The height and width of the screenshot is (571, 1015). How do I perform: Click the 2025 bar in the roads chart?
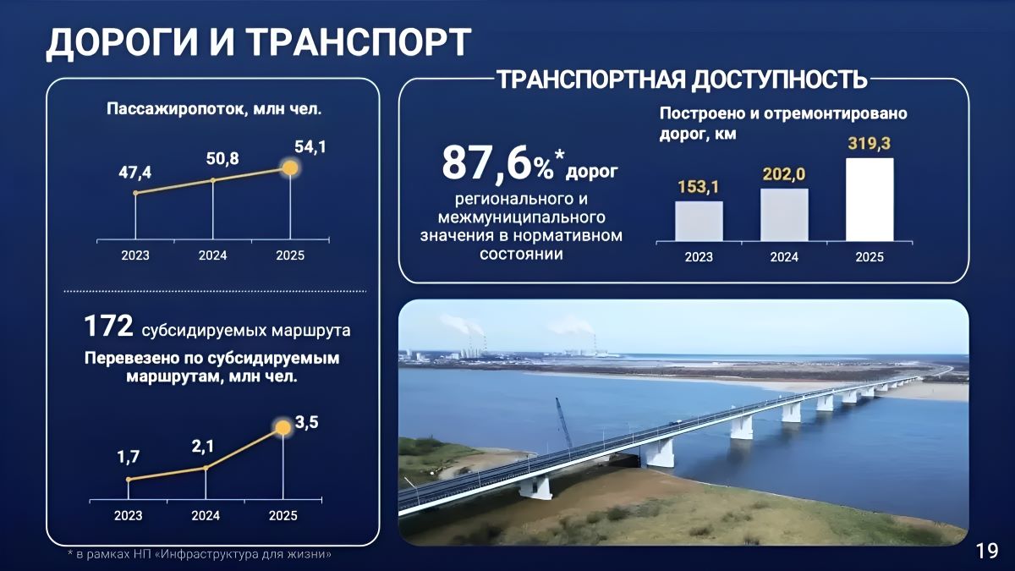tap(870, 199)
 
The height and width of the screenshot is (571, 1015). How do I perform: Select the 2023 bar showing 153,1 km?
tap(699, 221)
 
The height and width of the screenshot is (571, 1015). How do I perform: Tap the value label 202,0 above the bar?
tap(783, 174)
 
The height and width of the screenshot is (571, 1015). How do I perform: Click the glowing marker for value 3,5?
tap(283, 427)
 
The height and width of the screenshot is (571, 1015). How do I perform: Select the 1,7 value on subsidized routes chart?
tap(129, 458)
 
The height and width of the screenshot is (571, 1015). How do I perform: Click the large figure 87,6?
tap(486, 163)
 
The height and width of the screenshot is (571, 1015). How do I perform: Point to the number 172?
tap(109, 327)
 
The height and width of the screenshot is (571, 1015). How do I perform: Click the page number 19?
tap(986, 552)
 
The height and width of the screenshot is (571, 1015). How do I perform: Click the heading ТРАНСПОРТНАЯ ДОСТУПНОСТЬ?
tap(682, 80)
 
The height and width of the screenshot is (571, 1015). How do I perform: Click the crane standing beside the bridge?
tap(563, 422)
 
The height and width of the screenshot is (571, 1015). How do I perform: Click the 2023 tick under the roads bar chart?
tap(699, 257)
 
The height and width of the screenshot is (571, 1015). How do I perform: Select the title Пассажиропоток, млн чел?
tap(215, 109)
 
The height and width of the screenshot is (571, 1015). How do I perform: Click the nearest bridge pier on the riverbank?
tap(535, 486)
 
